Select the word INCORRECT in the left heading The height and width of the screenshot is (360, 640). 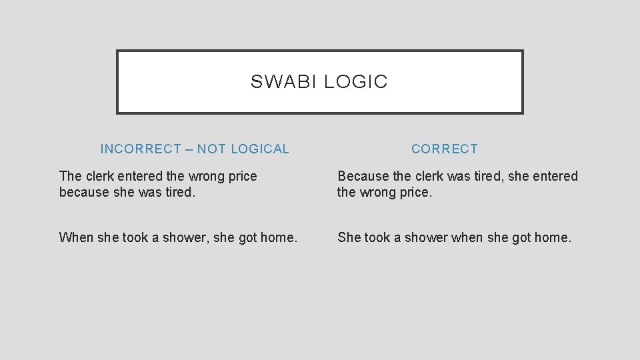141,149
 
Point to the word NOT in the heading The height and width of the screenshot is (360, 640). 211,149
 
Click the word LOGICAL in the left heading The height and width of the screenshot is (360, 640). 261,149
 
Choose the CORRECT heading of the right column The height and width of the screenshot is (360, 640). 445,149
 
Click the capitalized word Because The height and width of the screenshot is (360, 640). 363,177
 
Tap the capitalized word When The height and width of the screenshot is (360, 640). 75,237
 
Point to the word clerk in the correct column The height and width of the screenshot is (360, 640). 435,177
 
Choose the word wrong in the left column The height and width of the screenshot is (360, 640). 207,177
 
